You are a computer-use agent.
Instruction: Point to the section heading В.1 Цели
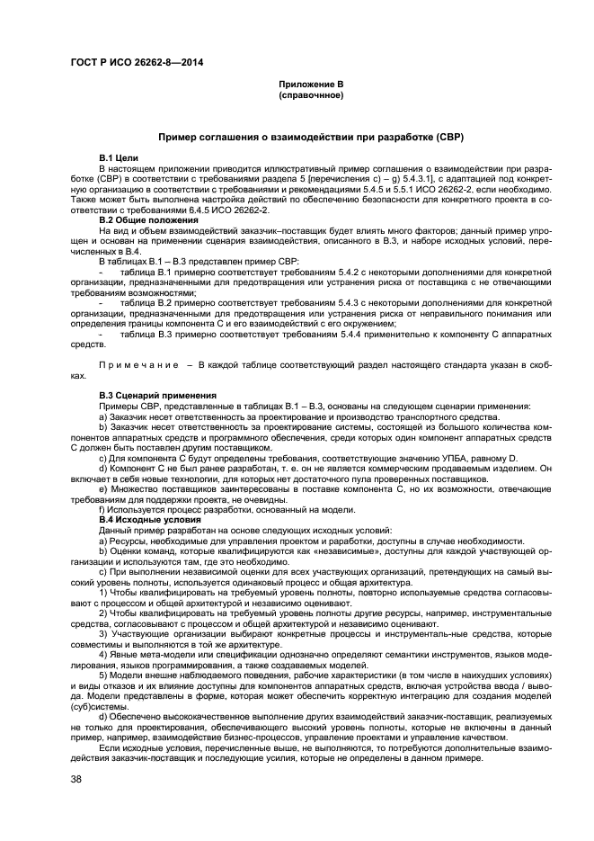[119, 158]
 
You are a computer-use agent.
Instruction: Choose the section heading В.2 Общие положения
[148, 220]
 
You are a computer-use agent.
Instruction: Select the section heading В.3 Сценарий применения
[157, 395]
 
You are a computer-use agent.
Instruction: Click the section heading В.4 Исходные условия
[147, 519]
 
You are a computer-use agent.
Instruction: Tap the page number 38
[76, 780]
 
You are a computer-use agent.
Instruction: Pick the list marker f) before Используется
[102, 509]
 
